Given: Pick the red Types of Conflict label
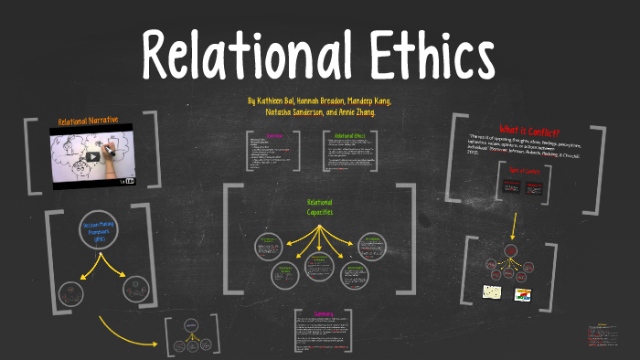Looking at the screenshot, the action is pyautogui.click(x=525, y=171).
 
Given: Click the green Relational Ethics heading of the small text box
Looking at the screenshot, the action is pyautogui.click(x=349, y=136).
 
